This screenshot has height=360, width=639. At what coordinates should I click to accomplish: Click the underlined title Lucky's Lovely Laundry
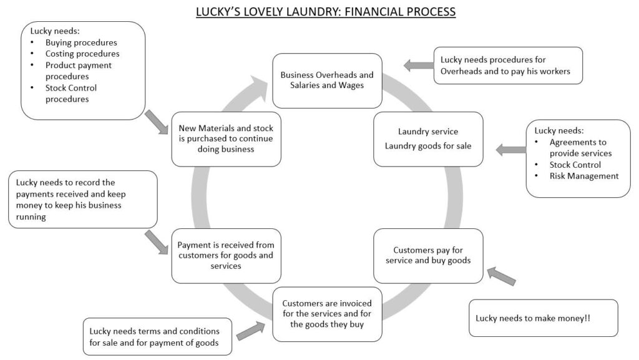(x=326, y=12)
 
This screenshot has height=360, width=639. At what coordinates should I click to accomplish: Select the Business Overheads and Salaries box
(x=327, y=80)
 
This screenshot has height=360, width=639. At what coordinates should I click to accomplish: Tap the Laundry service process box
(x=428, y=139)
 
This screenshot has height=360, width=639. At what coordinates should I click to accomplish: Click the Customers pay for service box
(x=428, y=256)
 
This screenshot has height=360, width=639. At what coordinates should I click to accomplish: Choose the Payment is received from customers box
(x=226, y=256)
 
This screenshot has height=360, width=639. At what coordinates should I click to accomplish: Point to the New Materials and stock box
(x=226, y=139)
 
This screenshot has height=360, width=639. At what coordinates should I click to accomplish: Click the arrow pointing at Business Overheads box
(x=416, y=65)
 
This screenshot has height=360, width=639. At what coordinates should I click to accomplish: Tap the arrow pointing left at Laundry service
(x=510, y=150)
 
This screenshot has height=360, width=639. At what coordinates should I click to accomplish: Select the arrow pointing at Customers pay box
(x=501, y=275)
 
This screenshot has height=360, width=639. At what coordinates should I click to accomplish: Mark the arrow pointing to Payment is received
(x=156, y=242)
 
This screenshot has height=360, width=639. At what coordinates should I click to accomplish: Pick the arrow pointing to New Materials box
(x=156, y=121)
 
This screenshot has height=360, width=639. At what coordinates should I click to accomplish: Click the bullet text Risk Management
(x=584, y=176)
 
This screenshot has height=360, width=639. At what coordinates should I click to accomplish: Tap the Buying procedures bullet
(x=81, y=42)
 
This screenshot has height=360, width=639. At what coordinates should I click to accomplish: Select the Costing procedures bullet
(x=82, y=54)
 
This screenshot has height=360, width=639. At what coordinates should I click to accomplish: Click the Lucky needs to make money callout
(x=543, y=318)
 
